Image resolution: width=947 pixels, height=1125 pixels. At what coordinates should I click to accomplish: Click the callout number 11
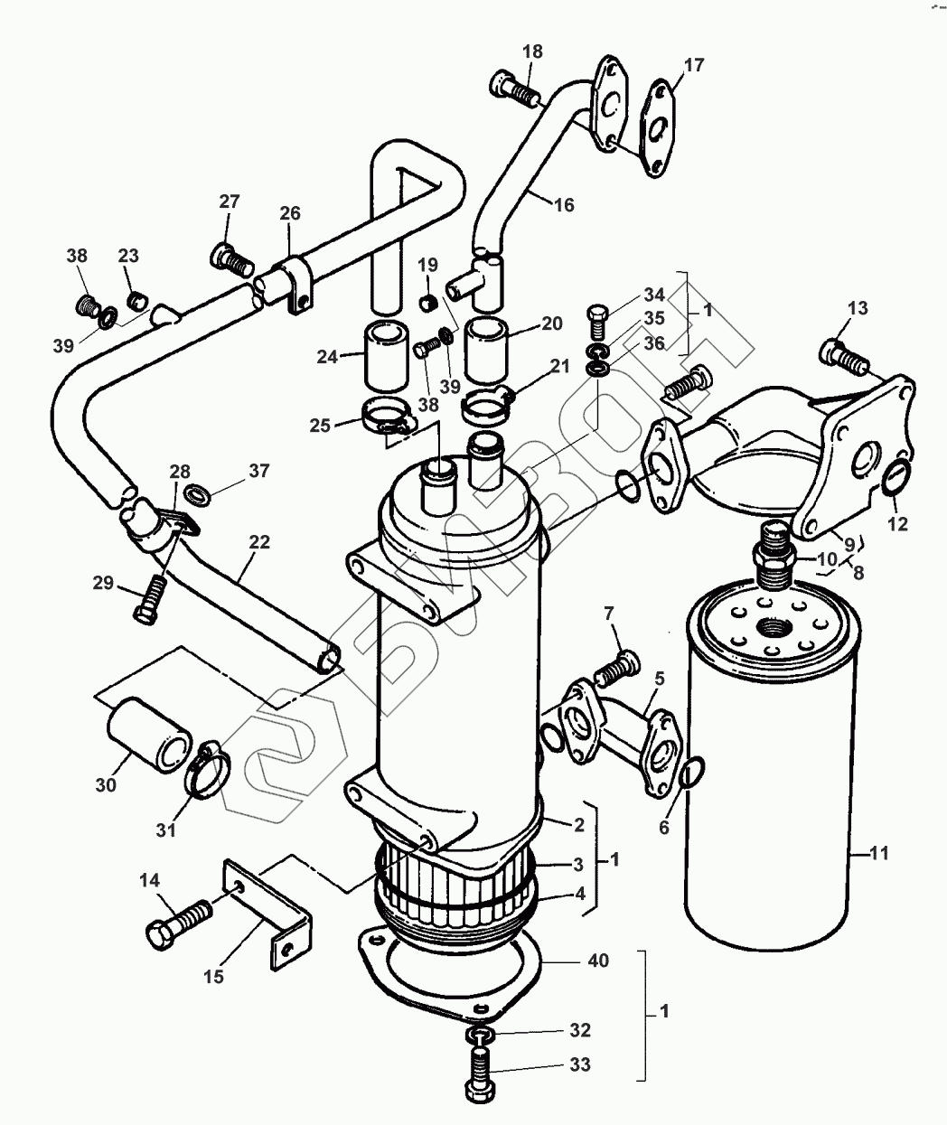coord(879,853)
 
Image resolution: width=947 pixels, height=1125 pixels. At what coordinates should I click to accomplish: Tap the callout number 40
coord(598,961)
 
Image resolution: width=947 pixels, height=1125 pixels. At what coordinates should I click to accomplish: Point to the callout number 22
coord(259,542)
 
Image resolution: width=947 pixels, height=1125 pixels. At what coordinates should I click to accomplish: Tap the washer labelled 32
coord(480,1033)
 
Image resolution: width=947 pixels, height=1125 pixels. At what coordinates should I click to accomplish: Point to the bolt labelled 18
coord(513,88)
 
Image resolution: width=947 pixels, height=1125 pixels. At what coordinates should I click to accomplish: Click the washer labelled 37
coord(198,493)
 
